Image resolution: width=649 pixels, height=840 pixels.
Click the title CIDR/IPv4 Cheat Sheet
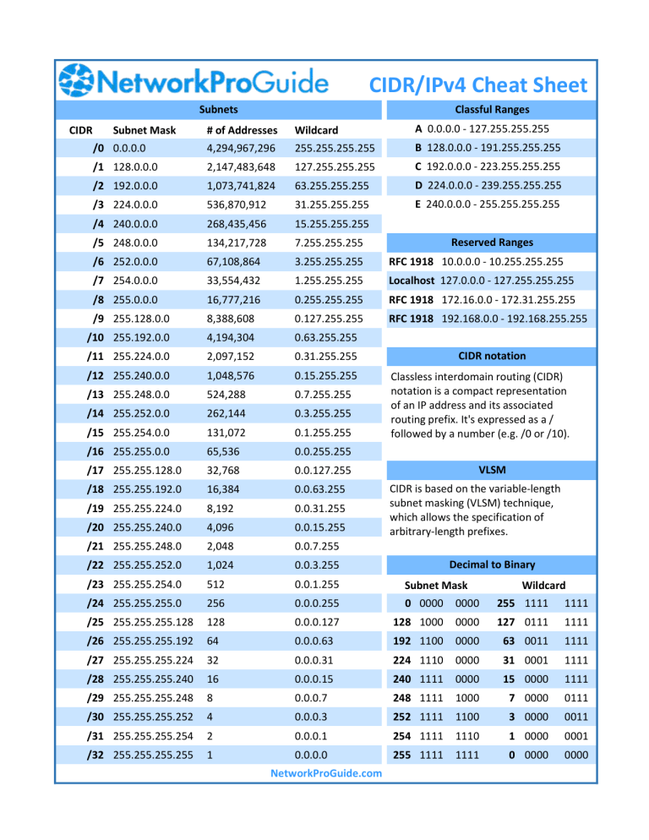477,85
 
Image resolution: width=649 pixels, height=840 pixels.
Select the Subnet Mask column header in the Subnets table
144,130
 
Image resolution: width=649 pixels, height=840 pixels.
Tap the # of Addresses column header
242,130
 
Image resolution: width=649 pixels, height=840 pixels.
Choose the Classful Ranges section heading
492,110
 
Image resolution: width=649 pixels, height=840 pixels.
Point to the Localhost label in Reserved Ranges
412,281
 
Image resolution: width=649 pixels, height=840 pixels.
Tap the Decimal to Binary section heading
492,564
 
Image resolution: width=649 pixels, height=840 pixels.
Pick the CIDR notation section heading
492,356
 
